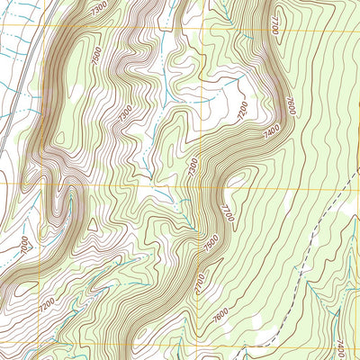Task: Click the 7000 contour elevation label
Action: [25, 243]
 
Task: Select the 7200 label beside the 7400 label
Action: [242, 115]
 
